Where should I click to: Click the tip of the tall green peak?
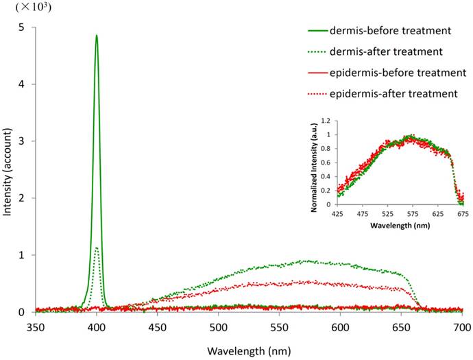(97, 36)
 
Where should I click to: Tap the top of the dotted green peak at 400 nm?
(97, 248)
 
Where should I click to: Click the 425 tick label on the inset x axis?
(337, 213)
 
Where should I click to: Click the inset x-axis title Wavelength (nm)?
(400, 224)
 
